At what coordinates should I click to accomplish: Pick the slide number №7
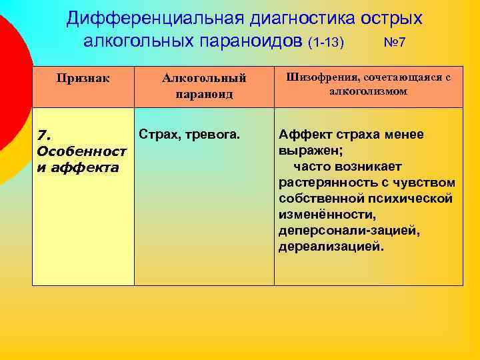(395, 43)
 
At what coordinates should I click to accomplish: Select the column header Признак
(83, 77)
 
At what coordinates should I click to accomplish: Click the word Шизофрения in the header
(321, 77)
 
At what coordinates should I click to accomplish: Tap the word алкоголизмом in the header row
(368, 91)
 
